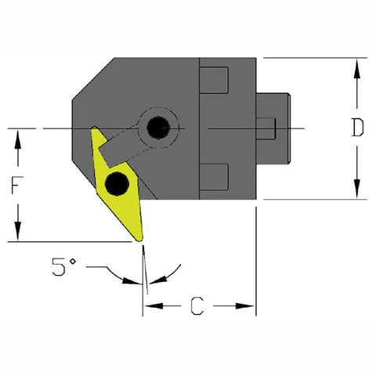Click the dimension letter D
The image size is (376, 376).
tap(357, 128)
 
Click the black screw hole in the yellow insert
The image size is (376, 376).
tap(117, 183)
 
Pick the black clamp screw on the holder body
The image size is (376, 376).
tap(160, 125)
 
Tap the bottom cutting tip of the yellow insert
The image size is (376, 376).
tap(141, 239)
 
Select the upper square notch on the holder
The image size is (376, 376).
tap(214, 80)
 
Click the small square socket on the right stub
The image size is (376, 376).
tap(266, 127)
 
